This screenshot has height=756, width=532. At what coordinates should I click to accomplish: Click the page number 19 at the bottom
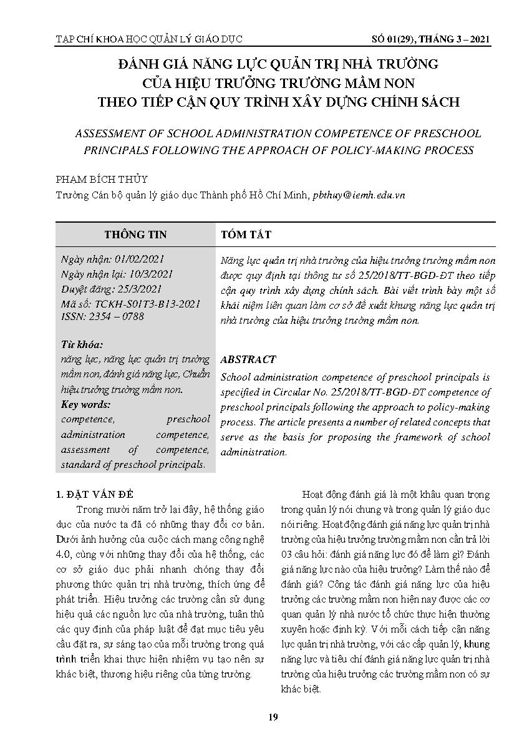point(273,717)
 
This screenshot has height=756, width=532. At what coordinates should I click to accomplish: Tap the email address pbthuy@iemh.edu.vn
point(359,195)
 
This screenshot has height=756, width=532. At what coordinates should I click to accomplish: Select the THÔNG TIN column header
point(135,235)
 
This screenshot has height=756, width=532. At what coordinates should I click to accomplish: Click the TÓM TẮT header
point(246,235)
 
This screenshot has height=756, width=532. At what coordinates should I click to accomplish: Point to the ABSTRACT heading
point(248,360)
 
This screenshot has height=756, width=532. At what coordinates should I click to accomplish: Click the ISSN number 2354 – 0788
point(120,316)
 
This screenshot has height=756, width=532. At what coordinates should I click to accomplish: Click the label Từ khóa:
point(82,345)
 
